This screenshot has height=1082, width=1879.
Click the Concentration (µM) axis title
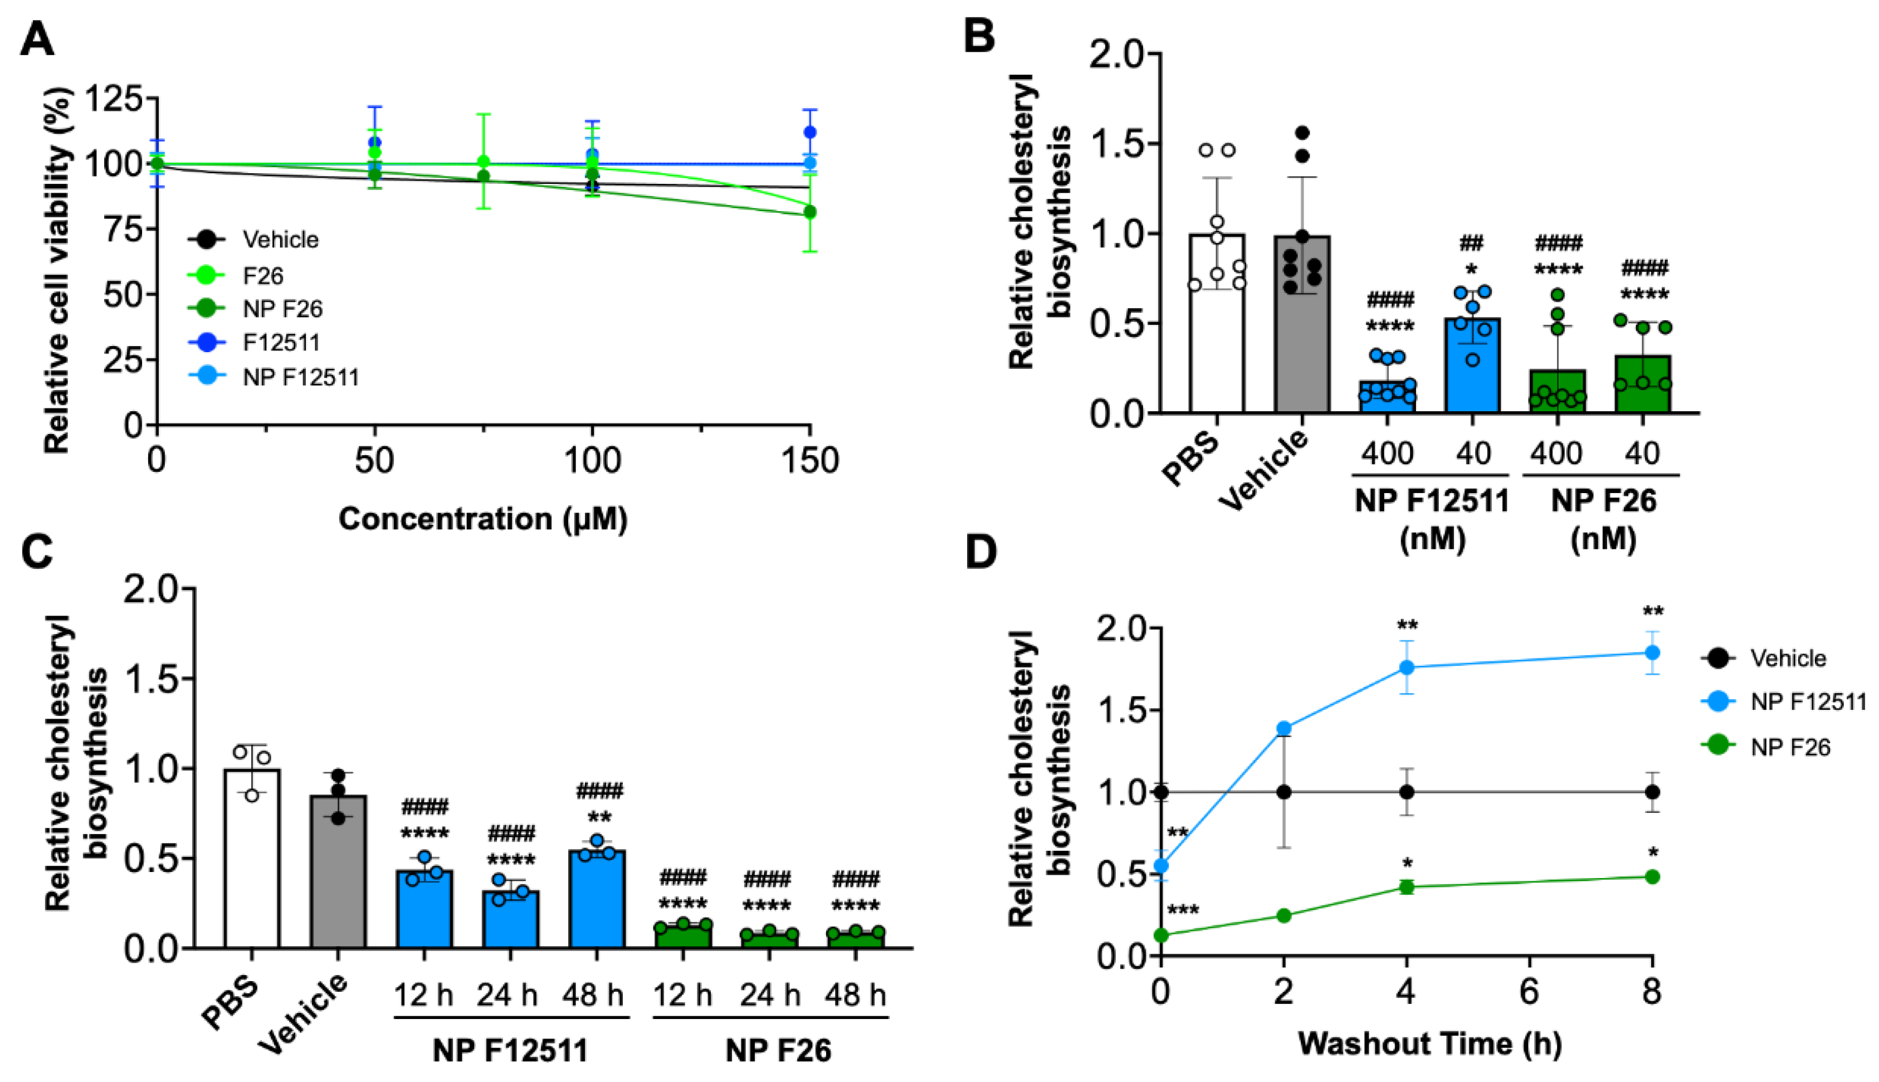483,519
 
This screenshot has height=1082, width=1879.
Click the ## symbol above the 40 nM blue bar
1471,243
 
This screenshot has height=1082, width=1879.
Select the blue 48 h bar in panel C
597,899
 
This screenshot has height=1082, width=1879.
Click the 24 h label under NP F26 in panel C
770,995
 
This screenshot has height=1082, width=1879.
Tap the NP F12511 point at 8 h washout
1652,652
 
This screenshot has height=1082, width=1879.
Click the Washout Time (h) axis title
1430,1044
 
